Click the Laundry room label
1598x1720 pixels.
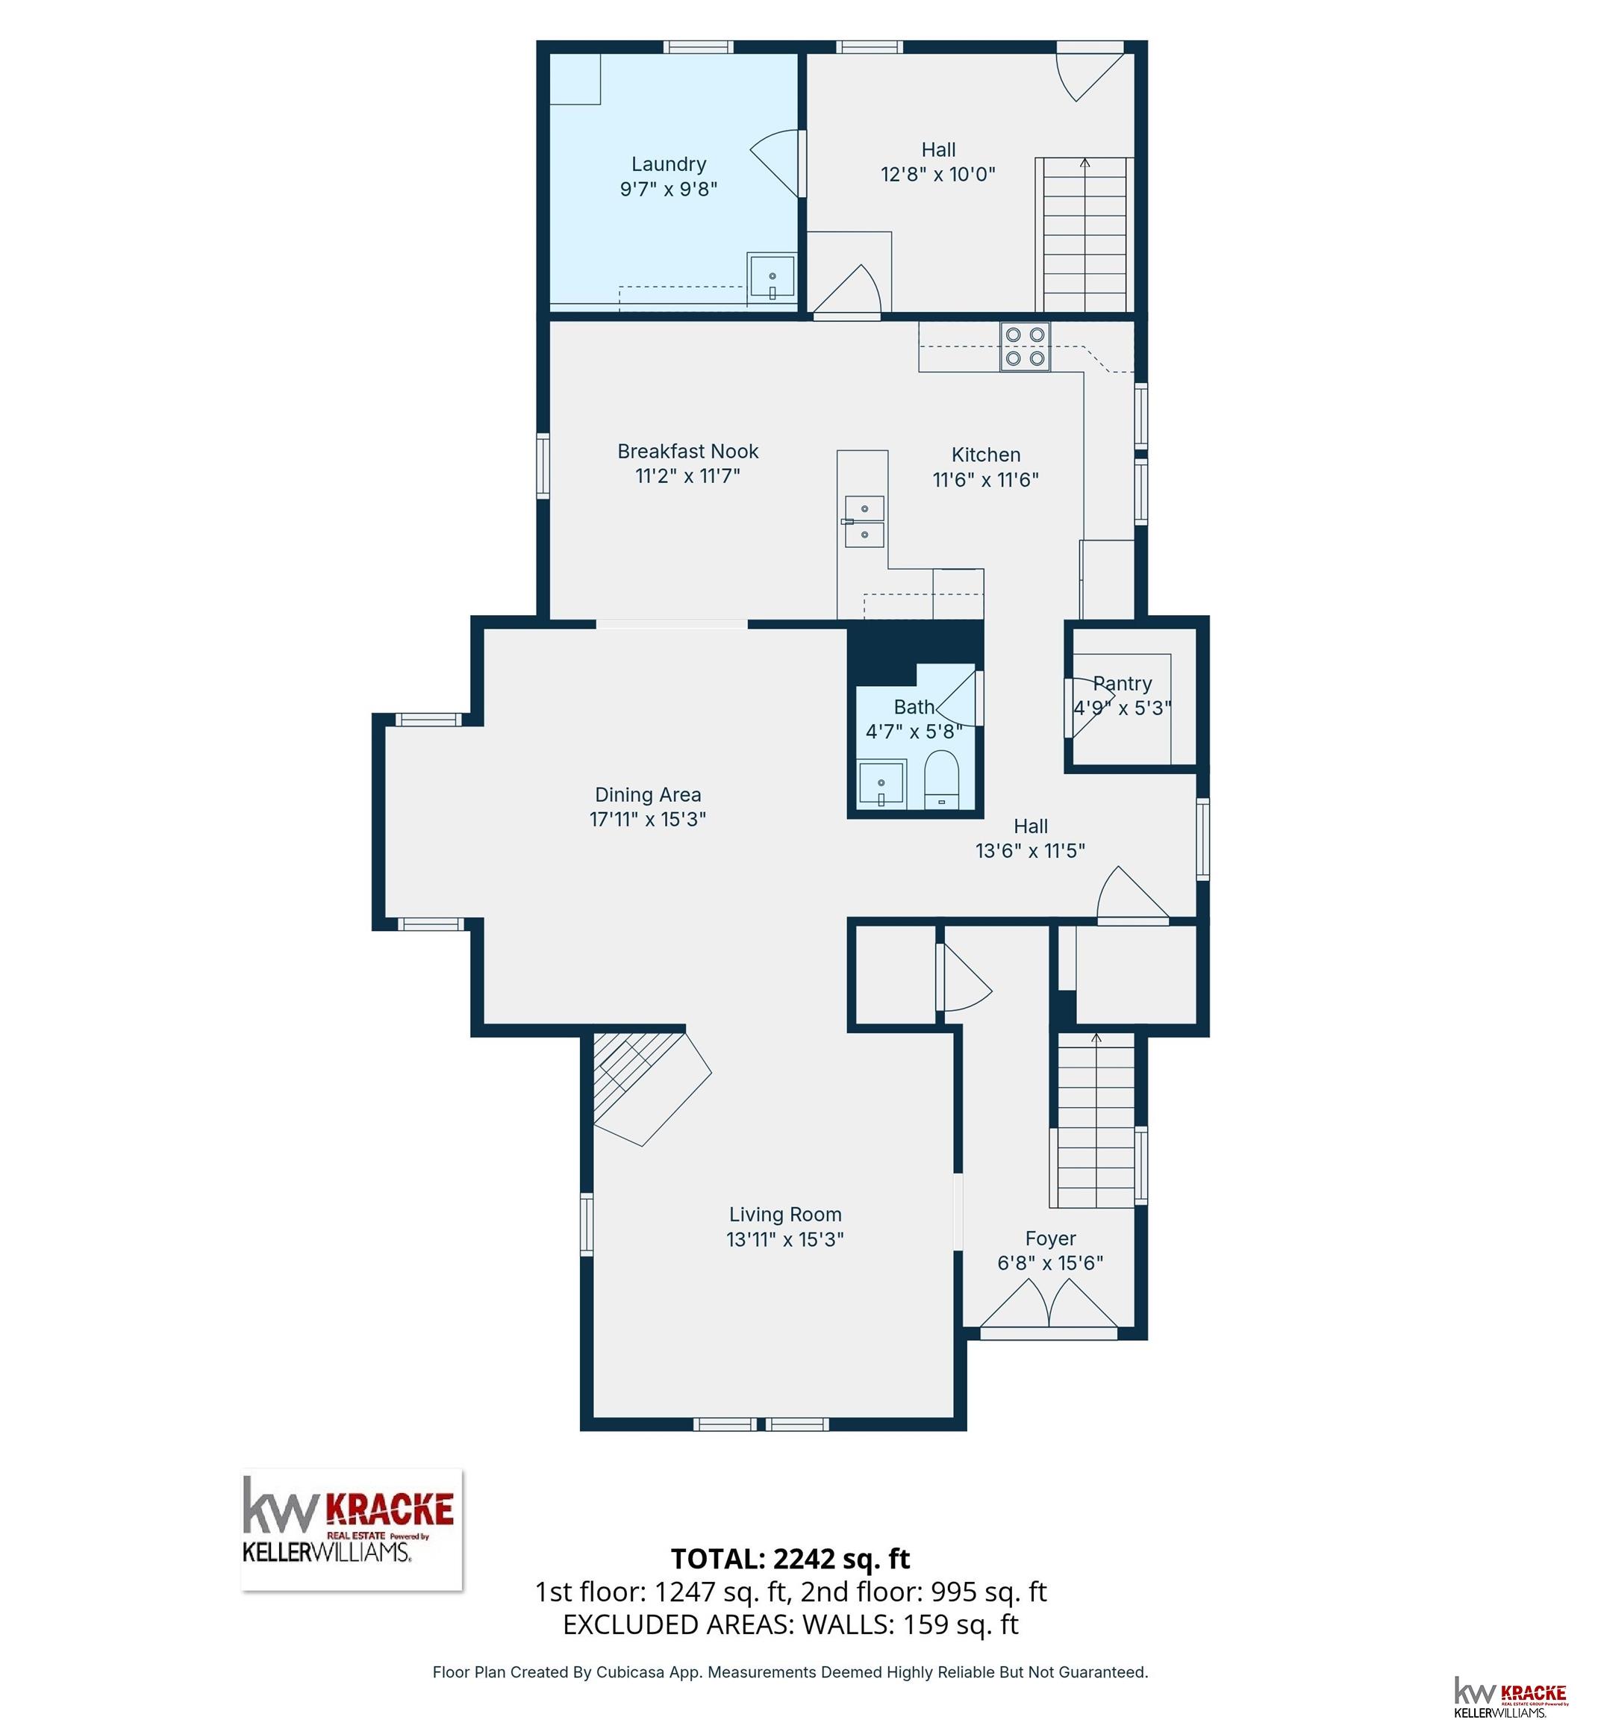669,164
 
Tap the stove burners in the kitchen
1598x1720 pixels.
1026,347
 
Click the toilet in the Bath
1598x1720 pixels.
943,780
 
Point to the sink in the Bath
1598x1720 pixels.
882,783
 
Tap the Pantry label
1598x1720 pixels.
1123,683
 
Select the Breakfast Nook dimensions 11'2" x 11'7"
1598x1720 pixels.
687,476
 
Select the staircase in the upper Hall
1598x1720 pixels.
1084,234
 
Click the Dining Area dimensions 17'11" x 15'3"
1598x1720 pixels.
648,819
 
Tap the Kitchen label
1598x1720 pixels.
986,455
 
